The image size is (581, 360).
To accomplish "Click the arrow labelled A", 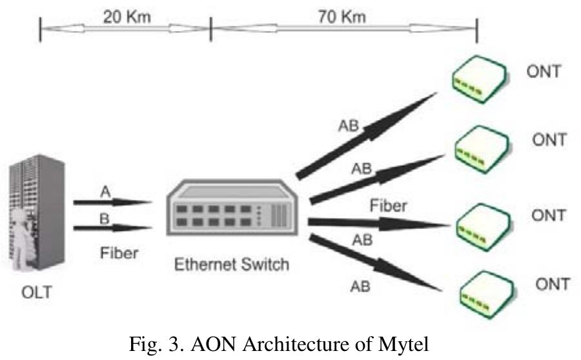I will [112, 202].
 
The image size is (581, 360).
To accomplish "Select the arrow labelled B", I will [112, 226].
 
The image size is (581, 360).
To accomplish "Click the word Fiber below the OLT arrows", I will [119, 253].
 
